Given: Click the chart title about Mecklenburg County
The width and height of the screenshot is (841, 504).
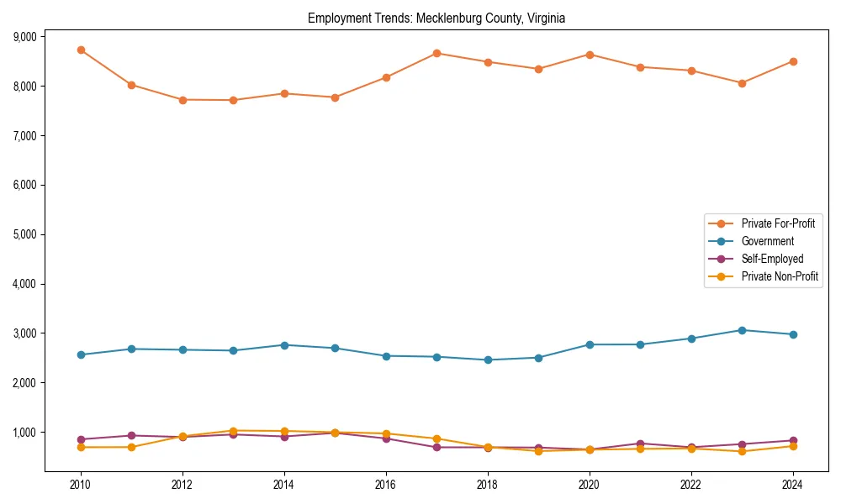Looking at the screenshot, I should (436, 18).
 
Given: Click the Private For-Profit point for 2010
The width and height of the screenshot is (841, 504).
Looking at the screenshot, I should (81, 50).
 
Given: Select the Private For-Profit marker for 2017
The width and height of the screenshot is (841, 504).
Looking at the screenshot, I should (436, 53).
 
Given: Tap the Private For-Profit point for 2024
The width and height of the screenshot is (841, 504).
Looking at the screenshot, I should (793, 61).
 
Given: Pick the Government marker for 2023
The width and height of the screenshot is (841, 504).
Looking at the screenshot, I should (742, 330).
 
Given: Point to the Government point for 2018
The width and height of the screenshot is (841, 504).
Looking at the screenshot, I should (488, 360).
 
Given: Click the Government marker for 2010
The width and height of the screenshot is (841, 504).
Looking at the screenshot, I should (81, 354).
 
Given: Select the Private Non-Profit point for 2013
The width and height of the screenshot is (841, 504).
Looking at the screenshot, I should (233, 431).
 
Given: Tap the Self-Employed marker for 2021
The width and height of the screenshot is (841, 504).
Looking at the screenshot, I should (640, 444).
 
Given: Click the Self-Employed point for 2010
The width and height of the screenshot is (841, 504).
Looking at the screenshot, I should (81, 439).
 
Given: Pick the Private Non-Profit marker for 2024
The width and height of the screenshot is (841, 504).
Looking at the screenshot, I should (793, 446).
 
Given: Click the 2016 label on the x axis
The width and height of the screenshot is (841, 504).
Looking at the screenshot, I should (386, 485).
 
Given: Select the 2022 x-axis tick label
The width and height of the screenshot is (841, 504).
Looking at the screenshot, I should (691, 485).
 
